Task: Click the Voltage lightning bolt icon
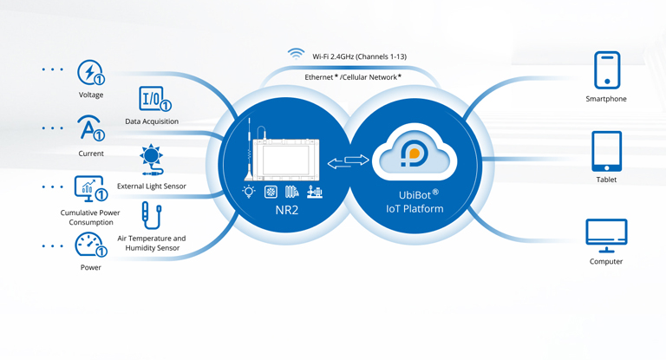click(90, 72)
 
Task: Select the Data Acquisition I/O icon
click(153, 98)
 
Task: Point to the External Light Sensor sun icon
click(151, 159)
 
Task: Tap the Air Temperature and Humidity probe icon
click(151, 216)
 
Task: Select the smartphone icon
click(606, 69)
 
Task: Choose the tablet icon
click(606, 152)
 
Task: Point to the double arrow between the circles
click(349, 160)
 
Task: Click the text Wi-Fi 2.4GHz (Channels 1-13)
click(359, 56)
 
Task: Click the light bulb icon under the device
click(250, 191)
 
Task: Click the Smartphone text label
click(606, 99)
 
